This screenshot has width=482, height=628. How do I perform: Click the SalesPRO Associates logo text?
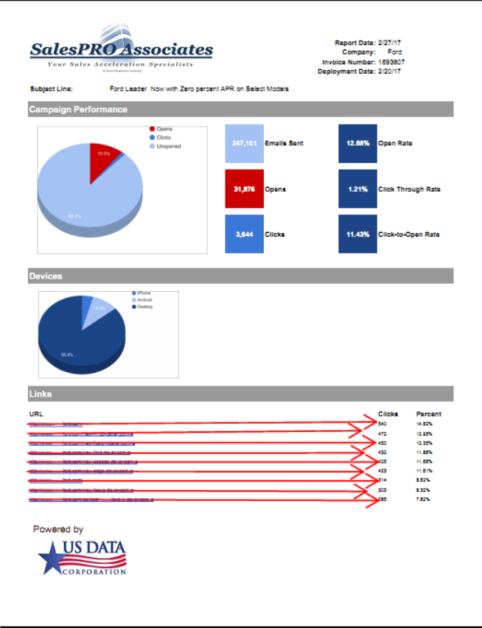click(121, 50)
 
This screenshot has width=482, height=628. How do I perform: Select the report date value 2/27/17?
click(389, 43)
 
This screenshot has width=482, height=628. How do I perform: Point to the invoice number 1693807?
click(391, 62)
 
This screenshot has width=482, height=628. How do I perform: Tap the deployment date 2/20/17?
click(389, 71)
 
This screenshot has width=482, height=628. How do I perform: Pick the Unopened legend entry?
click(168, 146)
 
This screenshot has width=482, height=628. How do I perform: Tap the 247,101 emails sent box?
click(244, 144)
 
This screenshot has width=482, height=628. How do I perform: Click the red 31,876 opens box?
click(244, 189)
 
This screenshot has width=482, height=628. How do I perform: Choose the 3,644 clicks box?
click(244, 234)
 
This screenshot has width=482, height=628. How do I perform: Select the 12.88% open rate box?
click(357, 144)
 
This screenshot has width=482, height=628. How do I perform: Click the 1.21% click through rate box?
click(357, 189)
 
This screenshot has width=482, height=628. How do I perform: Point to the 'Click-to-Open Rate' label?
click(409, 234)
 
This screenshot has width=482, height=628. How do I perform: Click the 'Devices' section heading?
click(46, 276)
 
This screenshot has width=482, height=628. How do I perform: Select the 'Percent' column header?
click(429, 414)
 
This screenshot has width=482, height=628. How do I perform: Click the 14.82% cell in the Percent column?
click(425, 425)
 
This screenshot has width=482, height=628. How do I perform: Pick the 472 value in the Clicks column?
click(383, 434)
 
